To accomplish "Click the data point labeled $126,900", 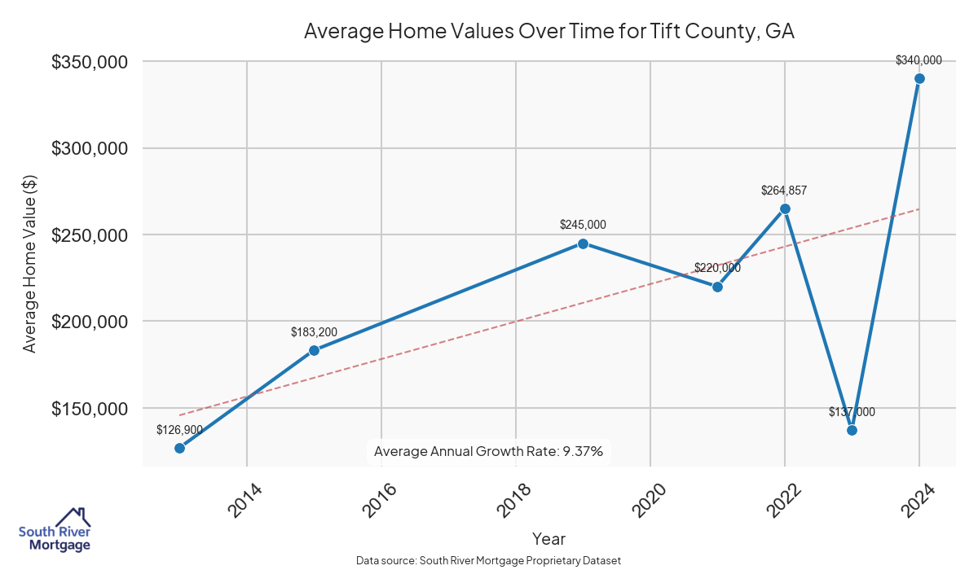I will (179, 448).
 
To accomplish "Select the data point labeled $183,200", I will (314, 350).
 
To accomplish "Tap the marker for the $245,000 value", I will (583, 243).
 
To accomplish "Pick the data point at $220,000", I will (717, 287).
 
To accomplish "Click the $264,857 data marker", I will (785, 208).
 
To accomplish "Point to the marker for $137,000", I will (852, 430).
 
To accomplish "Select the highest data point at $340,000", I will (919, 78).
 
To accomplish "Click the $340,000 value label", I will (919, 60).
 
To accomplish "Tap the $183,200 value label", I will (314, 332).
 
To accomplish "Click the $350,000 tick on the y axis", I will (89, 62).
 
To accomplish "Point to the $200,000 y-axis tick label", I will (89, 322).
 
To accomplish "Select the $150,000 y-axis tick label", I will (89, 408).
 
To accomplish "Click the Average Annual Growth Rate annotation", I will (488, 451).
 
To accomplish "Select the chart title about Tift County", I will (548, 32).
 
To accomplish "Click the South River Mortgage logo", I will (55, 530).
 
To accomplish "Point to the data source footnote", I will (488, 560).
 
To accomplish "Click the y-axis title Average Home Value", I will (29, 264).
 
